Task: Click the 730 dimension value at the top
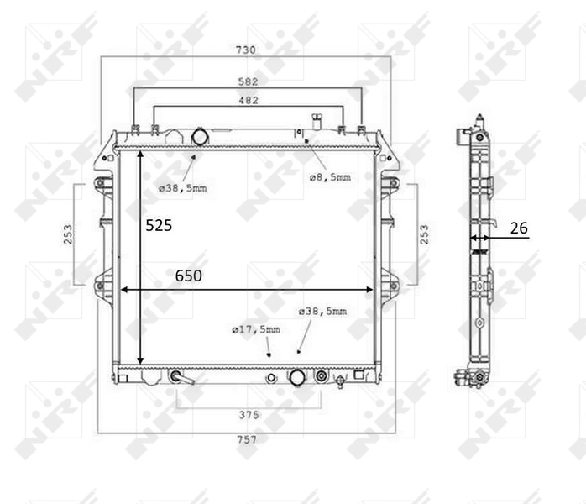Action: click(x=246, y=50)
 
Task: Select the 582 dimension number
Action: click(x=247, y=82)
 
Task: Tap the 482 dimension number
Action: click(x=249, y=101)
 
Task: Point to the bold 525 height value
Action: click(x=160, y=225)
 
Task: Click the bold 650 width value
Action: click(x=188, y=276)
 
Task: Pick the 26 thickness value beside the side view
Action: click(x=519, y=227)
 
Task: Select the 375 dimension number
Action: click(x=249, y=415)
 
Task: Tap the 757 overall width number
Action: click(x=247, y=439)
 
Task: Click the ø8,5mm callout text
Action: click(x=329, y=177)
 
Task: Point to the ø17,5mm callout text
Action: click(x=256, y=329)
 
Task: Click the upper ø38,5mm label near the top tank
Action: click(x=182, y=188)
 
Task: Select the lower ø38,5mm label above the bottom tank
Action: click(x=322, y=312)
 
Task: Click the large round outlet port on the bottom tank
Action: click(x=296, y=377)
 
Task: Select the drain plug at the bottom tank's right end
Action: click(x=340, y=382)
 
